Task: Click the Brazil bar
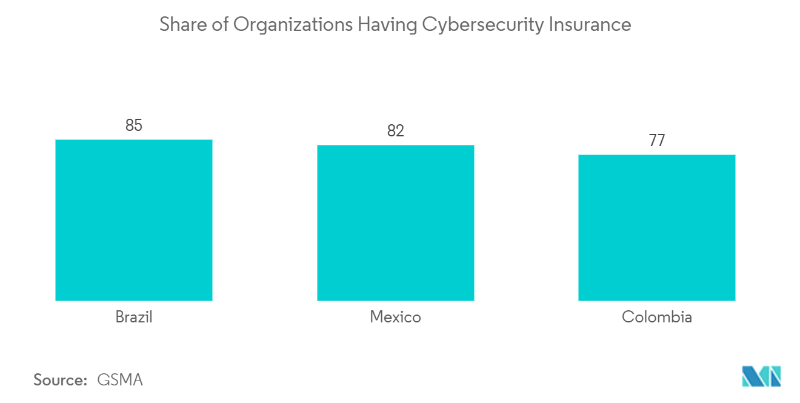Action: pyautogui.click(x=134, y=220)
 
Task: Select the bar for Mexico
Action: pyautogui.click(x=395, y=223)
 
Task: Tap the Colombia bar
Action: pyautogui.click(x=657, y=228)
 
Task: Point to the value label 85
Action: pyautogui.click(x=134, y=125)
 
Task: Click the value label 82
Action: pyautogui.click(x=395, y=131)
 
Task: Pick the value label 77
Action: pyautogui.click(x=657, y=141)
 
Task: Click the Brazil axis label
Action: pyautogui.click(x=134, y=317)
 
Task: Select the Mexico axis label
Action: pyautogui.click(x=395, y=317)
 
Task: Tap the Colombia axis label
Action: pyautogui.click(x=657, y=317)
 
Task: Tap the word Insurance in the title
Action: pyautogui.click(x=590, y=25)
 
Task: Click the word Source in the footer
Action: pyautogui.click(x=58, y=380)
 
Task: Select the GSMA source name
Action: pyautogui.click(x=120, y=380)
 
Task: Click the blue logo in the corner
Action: pyautogui.click(x=762, y=376)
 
